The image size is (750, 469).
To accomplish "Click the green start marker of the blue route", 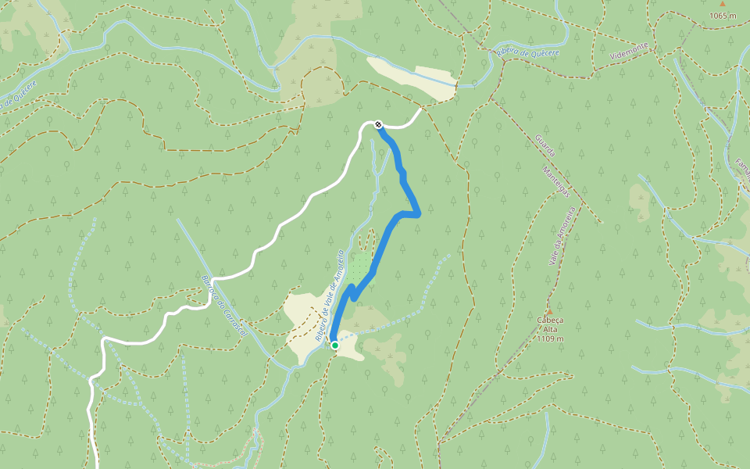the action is point(334,345).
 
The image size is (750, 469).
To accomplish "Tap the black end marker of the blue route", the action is point(378,124).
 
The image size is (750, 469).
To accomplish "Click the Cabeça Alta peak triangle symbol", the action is point(550,310).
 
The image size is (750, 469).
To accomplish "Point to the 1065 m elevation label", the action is point(723,16).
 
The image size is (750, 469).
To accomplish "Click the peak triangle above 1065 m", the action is point(723,4).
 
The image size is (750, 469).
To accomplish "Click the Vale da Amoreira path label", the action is point(561,236).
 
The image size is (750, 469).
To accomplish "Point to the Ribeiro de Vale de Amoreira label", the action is point(330,295).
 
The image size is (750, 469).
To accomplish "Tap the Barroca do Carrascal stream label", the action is point(213,306).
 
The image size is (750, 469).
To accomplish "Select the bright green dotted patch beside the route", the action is point(359,266).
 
